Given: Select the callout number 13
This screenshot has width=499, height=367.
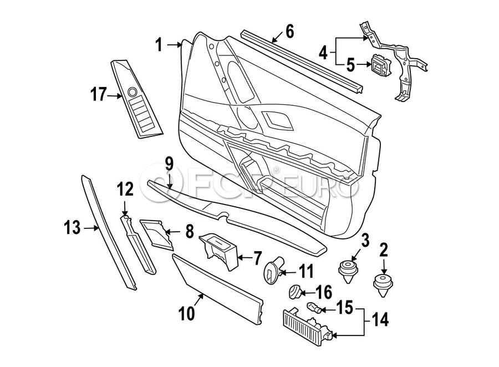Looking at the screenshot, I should click(72, 227).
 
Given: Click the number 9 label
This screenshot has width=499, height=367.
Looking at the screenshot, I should click(169, 164).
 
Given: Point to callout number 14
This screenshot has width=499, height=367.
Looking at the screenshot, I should click(380, 320).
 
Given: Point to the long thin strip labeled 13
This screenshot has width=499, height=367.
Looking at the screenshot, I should click(109, 233).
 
